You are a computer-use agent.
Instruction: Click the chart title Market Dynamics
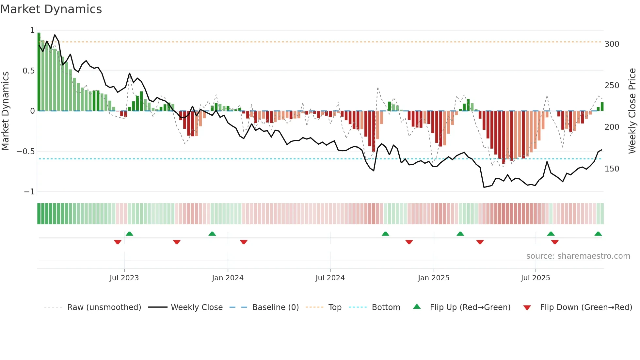[51, 9]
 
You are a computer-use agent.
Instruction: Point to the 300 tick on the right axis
[612, 44]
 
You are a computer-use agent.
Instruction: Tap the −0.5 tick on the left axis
[25, 151]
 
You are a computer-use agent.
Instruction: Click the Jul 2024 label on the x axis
[330, 278]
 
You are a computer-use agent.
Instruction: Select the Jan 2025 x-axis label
[433, 278]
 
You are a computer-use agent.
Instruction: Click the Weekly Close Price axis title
[632, 111]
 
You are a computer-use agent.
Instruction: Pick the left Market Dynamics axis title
[5, 111]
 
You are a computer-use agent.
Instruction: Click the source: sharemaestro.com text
[578, 256]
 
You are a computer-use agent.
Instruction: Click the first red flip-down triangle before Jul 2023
[118, 242]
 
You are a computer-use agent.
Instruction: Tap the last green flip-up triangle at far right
[598, 234]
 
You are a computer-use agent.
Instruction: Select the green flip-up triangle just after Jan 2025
[460, 234]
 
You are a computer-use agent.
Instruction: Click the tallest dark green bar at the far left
[39, 72]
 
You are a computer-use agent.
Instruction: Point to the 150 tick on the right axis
[612, 169]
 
